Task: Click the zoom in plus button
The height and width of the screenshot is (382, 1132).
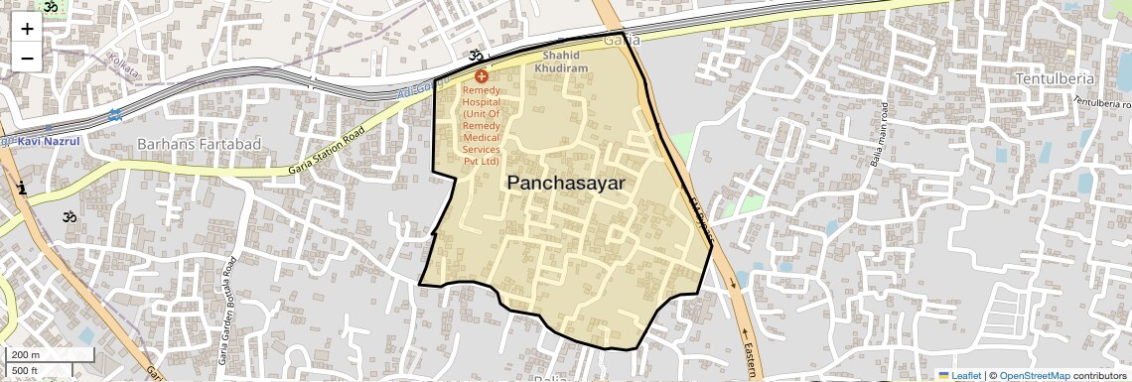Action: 27,28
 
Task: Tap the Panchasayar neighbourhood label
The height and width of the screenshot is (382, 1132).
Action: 566,183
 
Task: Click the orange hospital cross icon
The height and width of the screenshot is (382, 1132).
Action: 481,76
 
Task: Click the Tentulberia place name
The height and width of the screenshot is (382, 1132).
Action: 1055,78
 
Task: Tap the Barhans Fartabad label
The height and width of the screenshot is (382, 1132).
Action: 199,144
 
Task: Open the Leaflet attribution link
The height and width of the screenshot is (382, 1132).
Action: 959,375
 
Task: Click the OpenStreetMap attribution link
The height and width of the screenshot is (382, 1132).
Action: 1034,375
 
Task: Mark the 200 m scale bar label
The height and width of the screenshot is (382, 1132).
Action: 26,354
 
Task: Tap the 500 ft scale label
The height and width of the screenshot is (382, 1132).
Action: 26,370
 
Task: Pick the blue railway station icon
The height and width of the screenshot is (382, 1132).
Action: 115,115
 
